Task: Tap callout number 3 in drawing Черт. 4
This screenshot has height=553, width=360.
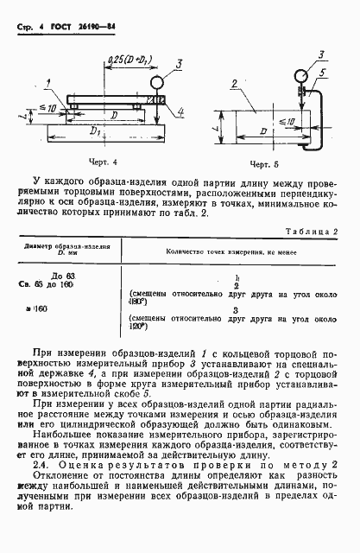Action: coord(177,63)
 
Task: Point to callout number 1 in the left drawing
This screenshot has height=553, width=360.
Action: coord(49,82)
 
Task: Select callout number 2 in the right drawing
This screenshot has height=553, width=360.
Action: coord(233,84)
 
